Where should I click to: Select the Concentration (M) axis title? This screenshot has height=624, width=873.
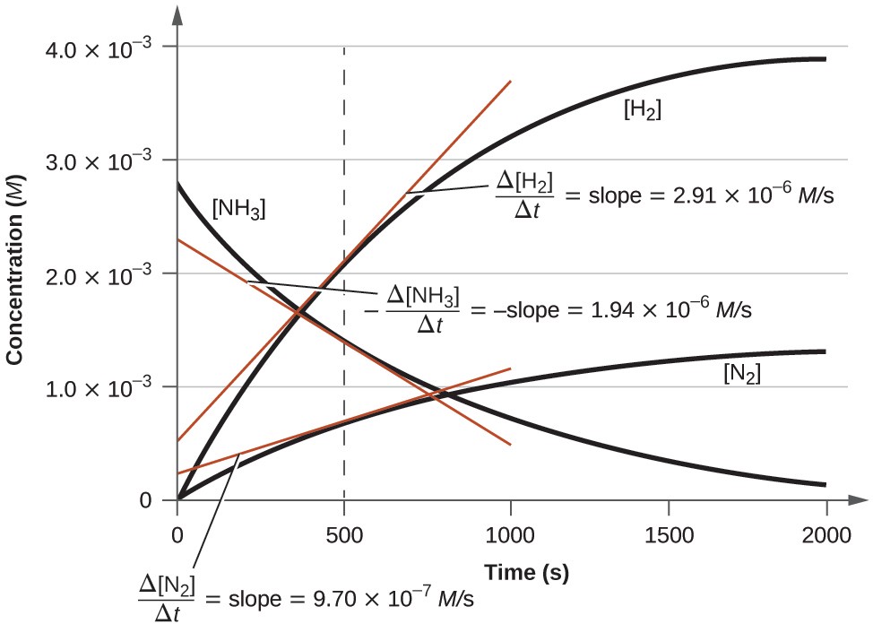(x=14, y=269)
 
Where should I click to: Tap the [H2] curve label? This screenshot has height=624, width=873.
(x=642, y=111)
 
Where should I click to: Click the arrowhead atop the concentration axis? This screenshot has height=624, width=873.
(x=178, y=13)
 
